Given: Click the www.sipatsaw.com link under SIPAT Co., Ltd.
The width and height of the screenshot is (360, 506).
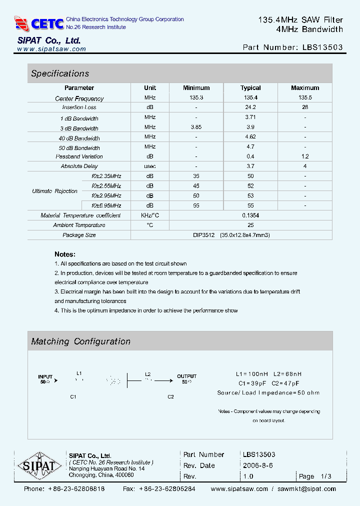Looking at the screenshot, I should coord(51,49).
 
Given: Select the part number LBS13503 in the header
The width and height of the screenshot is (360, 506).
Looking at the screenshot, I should coord(322,47).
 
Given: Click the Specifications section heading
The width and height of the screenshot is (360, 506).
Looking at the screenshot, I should coord(60,73).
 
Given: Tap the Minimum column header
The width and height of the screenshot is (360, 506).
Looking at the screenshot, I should coord(196,88).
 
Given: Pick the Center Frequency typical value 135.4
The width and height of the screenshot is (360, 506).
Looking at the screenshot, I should coord(250,98).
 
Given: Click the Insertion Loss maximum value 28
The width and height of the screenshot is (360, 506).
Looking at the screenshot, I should coord(305,107).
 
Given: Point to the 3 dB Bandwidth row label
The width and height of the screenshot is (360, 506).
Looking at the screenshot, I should coord(79,128).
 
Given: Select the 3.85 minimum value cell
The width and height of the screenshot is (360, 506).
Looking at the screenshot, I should coord(196,127).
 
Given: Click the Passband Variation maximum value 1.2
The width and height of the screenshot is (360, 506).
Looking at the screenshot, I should coord(305,156).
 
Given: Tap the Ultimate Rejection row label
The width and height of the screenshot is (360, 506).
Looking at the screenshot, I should coord(55,191).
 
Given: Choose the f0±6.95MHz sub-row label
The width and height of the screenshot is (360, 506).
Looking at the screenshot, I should coord(106,205).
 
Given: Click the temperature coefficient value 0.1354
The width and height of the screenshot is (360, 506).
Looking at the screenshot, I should coord(250,215).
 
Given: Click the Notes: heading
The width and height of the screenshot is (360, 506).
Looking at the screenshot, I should coord(65,254).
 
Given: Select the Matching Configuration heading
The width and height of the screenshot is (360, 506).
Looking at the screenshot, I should coord(80,341).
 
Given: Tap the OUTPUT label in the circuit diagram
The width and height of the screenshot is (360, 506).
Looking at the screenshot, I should coord(186,376).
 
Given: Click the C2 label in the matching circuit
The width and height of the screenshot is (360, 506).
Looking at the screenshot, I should coord(170,396).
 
